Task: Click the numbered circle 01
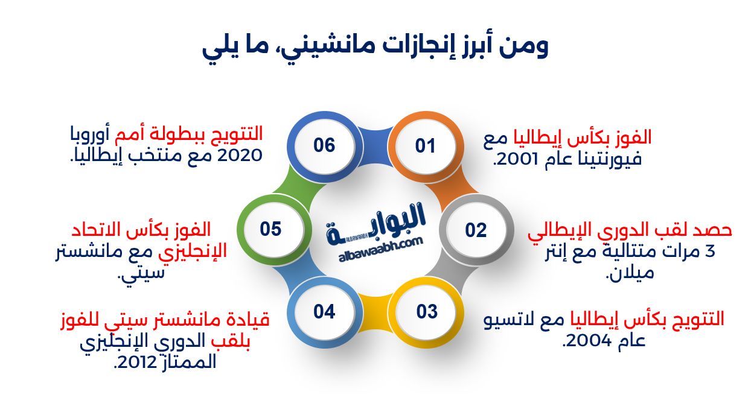[x=425, y=146]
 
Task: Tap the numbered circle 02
[x=476, y=230]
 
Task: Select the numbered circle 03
[x=426, y=312]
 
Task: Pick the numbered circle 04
[x=324, y=312]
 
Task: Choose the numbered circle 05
[x=271, y=229]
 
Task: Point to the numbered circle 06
[x=324, y=146]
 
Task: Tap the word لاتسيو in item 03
[x=514, y=319]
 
